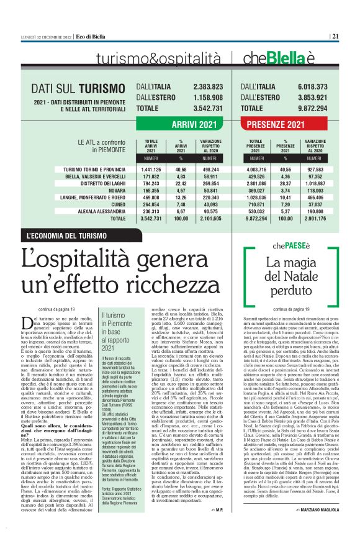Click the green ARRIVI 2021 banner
pyautogui.click(x=194, y=125)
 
